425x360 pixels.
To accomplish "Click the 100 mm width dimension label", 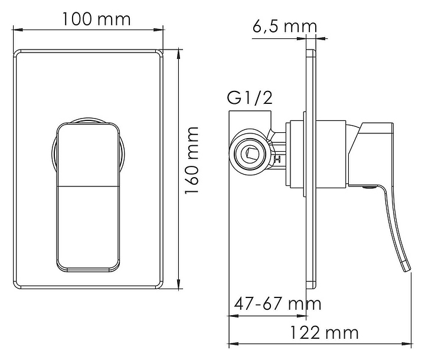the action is [x=96, y=19].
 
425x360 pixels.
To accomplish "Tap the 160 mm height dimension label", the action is [x=192, y=160].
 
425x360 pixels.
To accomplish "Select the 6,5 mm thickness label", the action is [x=285, y=27].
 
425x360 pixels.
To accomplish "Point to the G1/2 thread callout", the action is [x=250, y=98].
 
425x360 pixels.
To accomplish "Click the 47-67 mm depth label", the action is [x=277, y=303].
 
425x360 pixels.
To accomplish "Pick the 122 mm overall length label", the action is [x=324, y=333].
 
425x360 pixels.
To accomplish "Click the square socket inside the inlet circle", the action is [x=250, y=154].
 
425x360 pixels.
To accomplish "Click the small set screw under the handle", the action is [x=369, y=186].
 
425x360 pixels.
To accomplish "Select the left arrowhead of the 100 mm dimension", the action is [x=17, y=30].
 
